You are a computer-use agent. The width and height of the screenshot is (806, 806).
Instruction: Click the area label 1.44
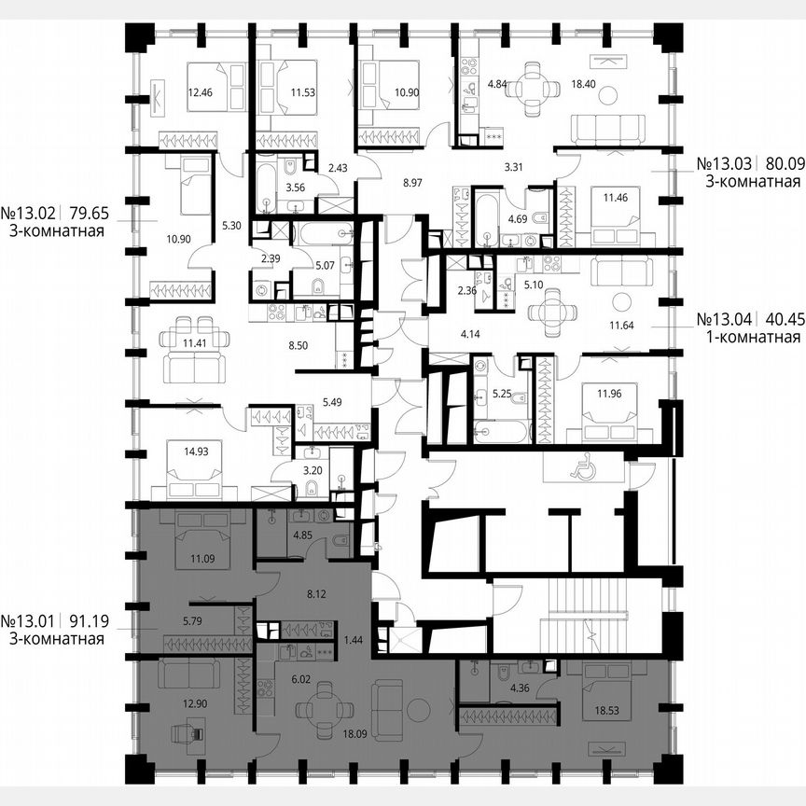(354, 639)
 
